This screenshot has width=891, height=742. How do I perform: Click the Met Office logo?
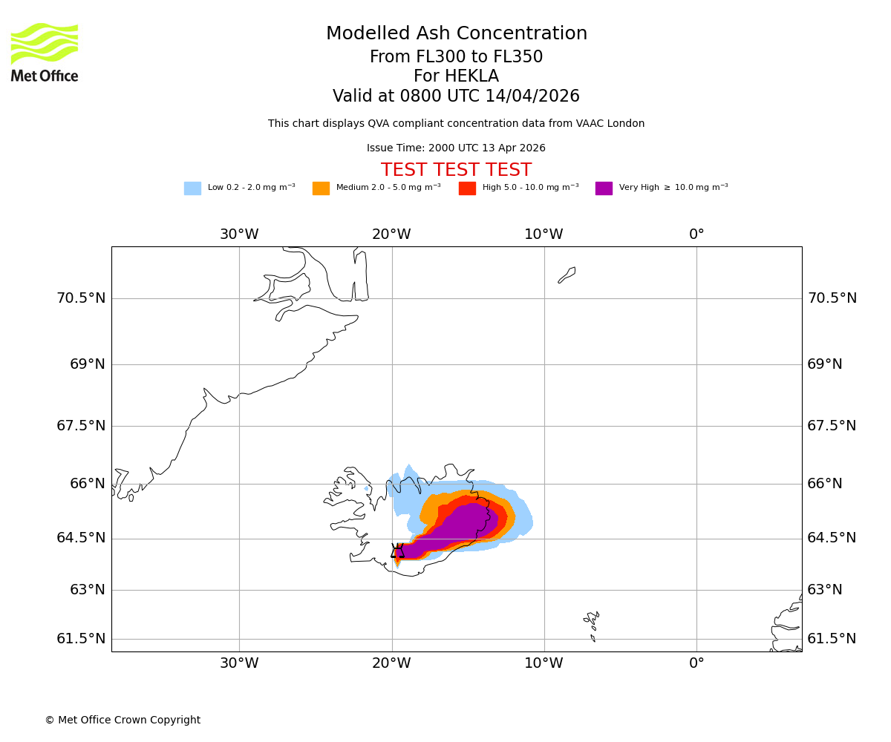[x=45, y=52]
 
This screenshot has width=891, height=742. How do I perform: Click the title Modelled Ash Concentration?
[x=456, y=34]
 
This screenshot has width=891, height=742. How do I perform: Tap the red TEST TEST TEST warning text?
[x=456, y=171]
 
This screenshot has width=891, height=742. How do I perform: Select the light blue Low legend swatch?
[x=192, y=188]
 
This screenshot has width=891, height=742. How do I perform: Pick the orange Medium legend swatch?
[x=321, y=188]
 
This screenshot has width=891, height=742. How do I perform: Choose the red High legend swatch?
[x=467, y=188]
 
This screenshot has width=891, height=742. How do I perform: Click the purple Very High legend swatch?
[x=604, y=188]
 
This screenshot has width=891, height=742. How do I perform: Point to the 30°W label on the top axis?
[x=239, y=235]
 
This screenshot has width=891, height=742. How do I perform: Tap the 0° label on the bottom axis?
[x=696, y=663]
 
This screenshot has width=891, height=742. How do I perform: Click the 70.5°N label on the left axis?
[x=81, y=298]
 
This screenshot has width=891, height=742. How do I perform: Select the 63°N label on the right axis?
[x=825, y=590]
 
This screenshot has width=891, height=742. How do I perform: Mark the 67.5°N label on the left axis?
[x=81, y=426]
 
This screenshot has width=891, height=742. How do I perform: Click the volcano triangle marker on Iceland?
[x=398, y=551]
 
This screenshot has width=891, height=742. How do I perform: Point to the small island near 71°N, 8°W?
[x=567, y=275]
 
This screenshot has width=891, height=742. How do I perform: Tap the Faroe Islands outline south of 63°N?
[x=592, y=623]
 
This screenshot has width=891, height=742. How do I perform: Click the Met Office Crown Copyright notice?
[x=123, y=720]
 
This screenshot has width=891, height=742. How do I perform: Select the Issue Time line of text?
[x=456, y=148]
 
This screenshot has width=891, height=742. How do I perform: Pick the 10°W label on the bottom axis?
[x=544, y=663]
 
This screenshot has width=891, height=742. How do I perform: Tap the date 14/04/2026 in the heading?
[x=532, y=96]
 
